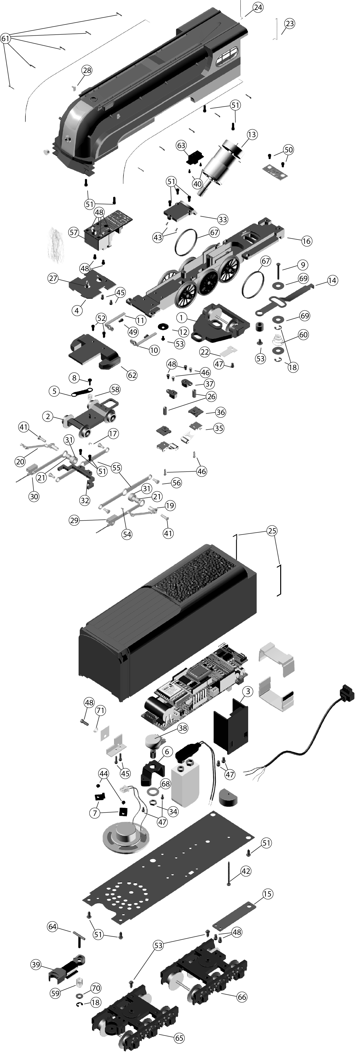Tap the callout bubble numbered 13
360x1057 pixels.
click(x=252, y=134)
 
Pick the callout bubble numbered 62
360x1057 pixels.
click(x=132, y=375)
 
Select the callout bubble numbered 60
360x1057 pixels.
click(x=303, y=335)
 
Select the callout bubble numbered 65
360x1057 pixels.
click(x=179, y=1035)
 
